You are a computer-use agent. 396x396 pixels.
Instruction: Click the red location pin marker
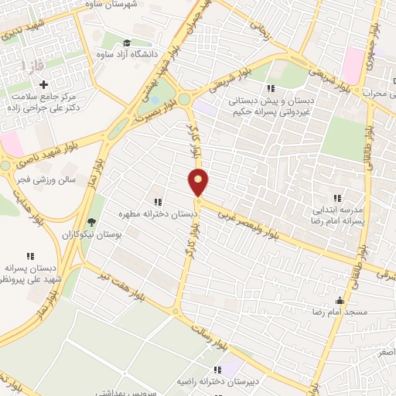click(x=199, y=183)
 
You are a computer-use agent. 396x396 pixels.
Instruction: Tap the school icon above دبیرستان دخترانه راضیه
click(x=218, y=369)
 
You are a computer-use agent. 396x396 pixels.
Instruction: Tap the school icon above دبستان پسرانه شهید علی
click(x=31, y=255)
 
